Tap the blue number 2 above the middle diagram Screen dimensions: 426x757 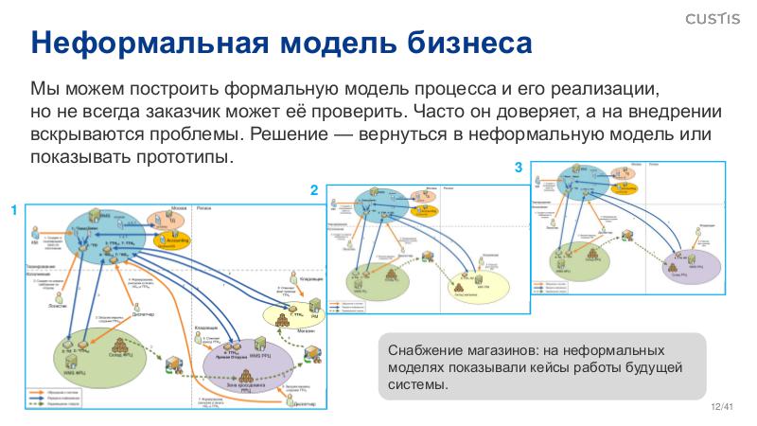pyautogui.click(x=314, y=191)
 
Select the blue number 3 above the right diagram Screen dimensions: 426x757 pyautogui.click(x=518, y=168)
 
